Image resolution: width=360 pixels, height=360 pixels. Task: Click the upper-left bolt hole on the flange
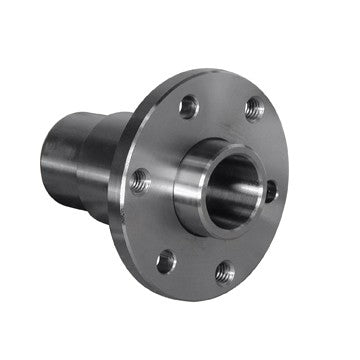point(188,105)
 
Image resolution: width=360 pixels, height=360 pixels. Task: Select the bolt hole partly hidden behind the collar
point(271,189)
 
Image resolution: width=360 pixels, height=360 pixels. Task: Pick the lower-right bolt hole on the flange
point(226,271)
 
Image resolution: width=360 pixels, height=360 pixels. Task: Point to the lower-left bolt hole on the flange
point(166,262)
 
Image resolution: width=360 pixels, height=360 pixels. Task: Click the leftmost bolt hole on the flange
point(141,181)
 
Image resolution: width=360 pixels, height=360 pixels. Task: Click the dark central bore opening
point(232,189)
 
